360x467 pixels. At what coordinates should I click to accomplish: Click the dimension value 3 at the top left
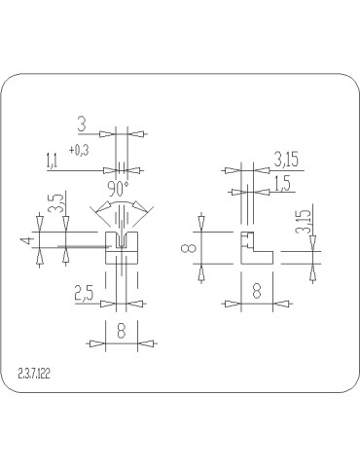click(x=82, y=125)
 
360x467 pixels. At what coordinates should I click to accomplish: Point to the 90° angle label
click(x=121, y=187)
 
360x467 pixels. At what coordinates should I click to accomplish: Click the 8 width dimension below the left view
click(x=121, y=331)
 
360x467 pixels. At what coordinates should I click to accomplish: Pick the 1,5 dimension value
click(x=283, y=184)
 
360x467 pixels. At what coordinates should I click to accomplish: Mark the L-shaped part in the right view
click(x=255, y=253)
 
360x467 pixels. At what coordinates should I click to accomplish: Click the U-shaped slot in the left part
click(x=121, y=239)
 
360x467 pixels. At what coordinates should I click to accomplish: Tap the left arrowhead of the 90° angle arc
click(x=93, y=208)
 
